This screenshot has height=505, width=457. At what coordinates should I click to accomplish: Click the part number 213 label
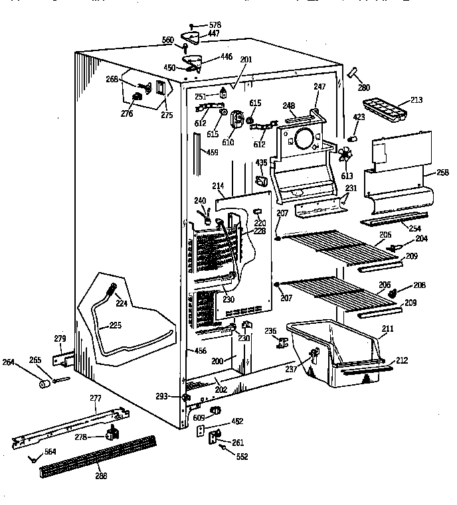pos(417,101)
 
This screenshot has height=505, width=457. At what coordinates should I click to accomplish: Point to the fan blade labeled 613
pos(344,157)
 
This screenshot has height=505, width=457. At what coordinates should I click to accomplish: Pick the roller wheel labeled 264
pos(45,384)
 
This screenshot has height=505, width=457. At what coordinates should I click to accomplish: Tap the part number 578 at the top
pos(215,24)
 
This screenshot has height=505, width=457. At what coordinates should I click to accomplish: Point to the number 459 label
pos(212,153)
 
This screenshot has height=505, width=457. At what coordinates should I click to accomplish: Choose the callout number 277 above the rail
pos(96,398)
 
